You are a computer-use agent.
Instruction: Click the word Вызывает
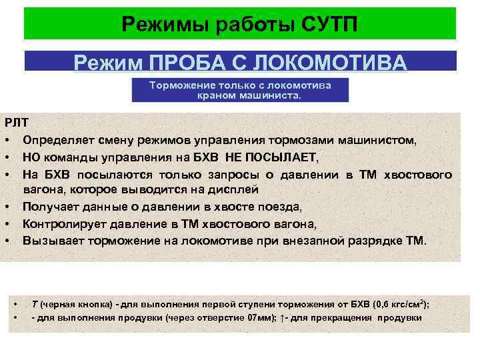tap(52, 240)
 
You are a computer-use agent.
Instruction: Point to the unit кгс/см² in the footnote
tap(408, 304)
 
